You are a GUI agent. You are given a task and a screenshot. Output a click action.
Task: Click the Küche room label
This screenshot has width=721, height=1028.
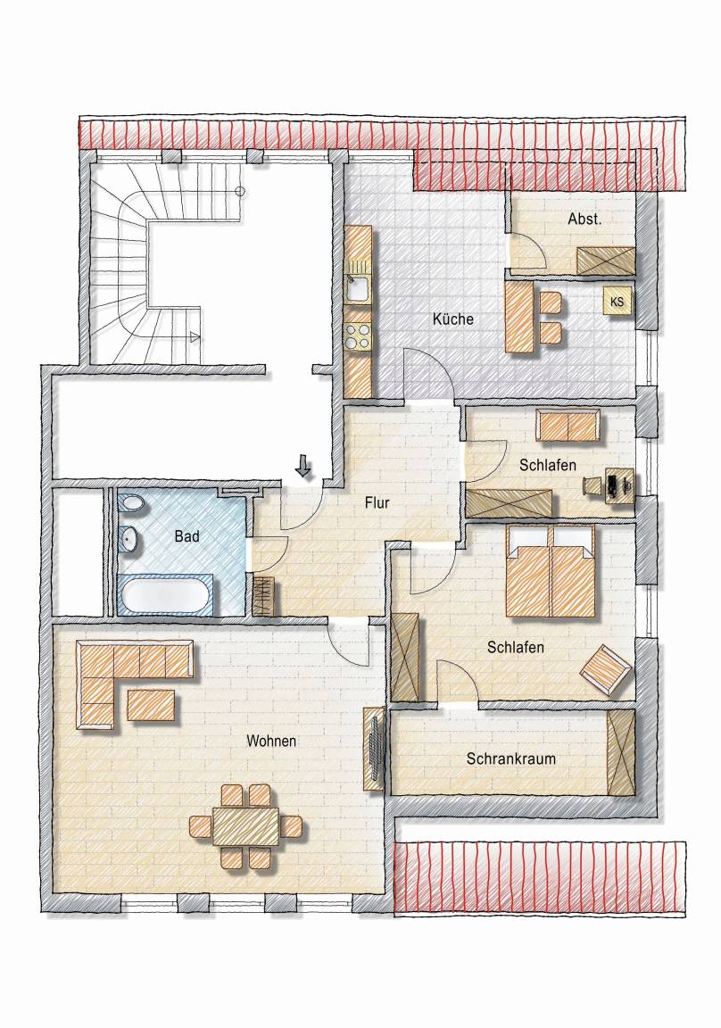click(453, 319)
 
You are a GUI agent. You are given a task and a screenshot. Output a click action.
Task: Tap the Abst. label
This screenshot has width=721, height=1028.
click(584, 219)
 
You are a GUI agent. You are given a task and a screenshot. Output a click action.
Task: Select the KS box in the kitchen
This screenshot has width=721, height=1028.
click(617, 303)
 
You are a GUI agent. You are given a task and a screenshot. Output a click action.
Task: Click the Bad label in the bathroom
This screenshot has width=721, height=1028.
click(186, 536)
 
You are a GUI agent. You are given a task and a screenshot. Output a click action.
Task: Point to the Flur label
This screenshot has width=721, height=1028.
click(377, 503)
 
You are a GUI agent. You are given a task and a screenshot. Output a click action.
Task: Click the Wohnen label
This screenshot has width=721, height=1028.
click(271, 741)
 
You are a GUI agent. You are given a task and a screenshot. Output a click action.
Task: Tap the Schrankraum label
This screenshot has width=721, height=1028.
click(511, 759)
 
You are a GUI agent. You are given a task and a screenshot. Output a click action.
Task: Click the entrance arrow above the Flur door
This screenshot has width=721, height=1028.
click(302, 466)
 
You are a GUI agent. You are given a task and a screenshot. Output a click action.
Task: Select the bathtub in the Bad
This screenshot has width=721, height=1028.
click(167, 595)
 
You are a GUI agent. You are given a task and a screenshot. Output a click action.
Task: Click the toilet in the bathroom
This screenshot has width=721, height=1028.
click(131, 505)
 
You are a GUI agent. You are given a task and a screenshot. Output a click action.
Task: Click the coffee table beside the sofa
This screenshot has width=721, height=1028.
click(152, 706)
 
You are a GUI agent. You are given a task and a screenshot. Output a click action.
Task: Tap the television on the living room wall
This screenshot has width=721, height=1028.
click(376, 749)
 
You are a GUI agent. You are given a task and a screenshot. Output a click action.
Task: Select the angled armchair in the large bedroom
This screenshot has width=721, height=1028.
click(606, 669)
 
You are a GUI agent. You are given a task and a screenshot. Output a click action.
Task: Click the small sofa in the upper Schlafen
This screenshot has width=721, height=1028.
click(568, 427)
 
